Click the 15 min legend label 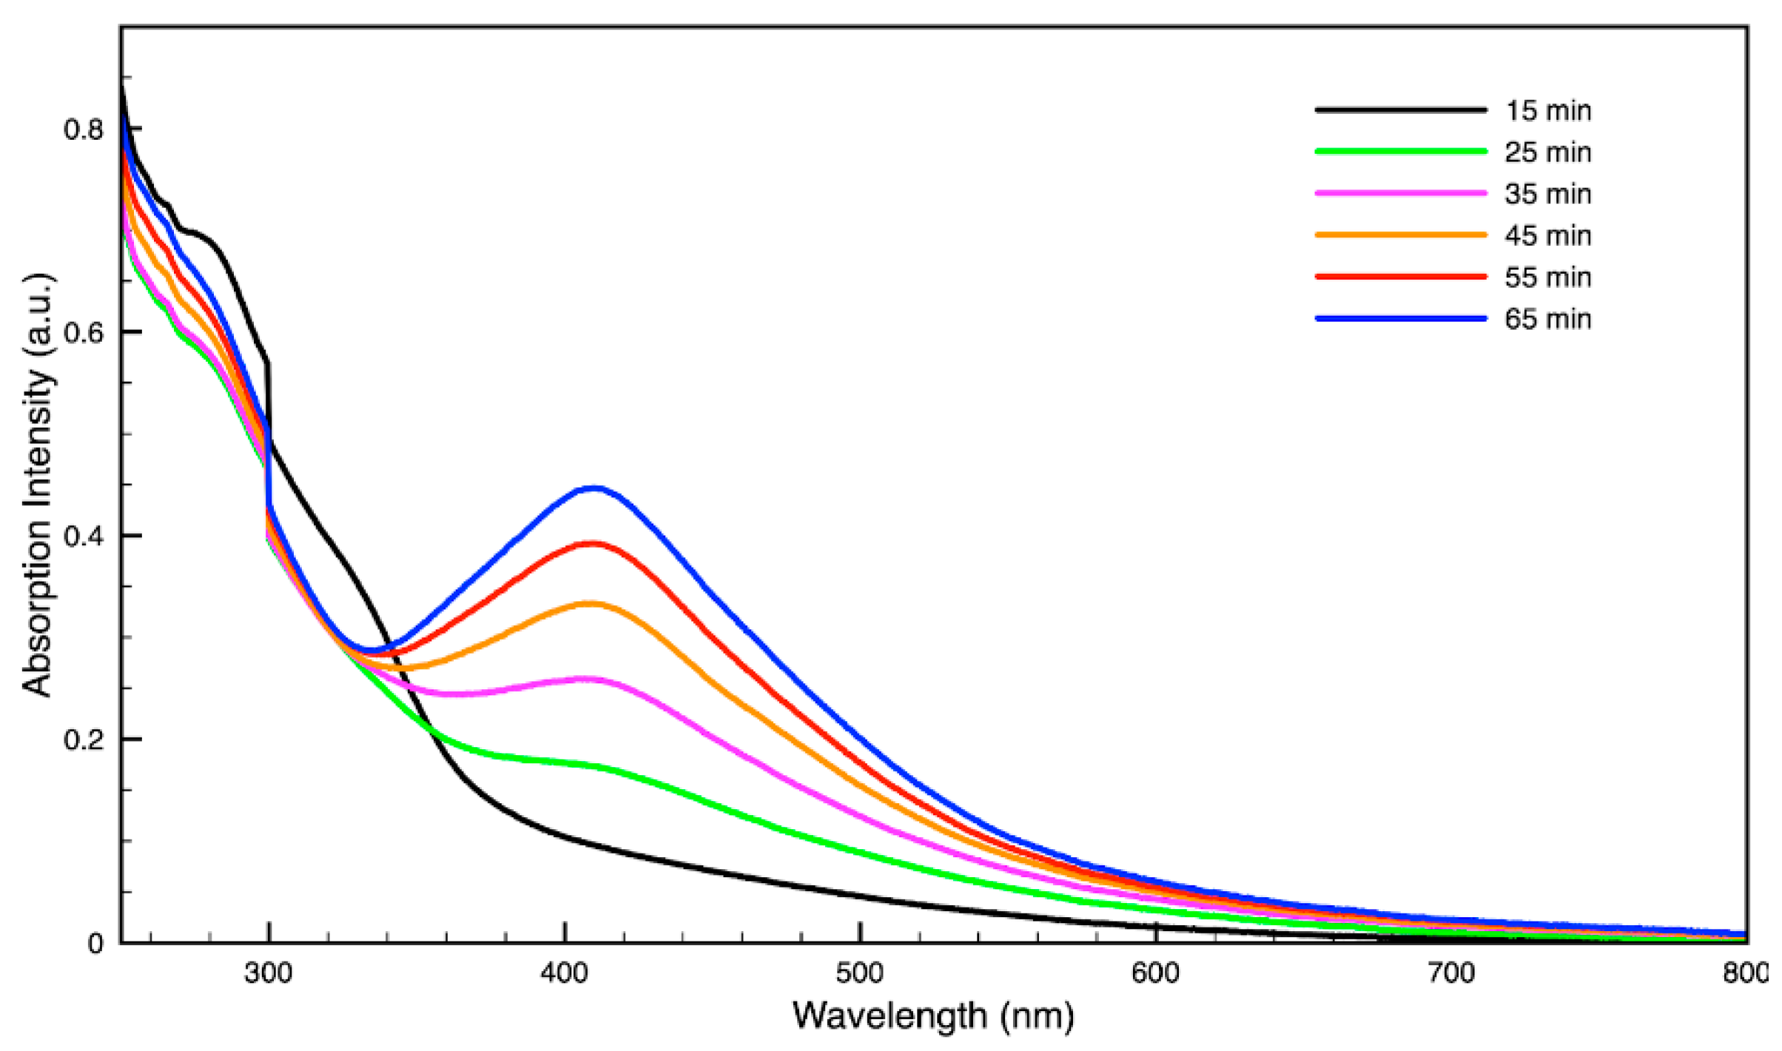pyautogui.click(x=1547, y=111)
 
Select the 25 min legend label pyautogui.click(x=1547, y=152)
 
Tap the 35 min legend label pyautogui.click(x=1547, y=194)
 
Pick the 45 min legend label pyautogui.click(x=1547, y=236)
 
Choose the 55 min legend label pyautogui.click(x=1547, y=277)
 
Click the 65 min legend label pyautogui.click(x=1547, y=319)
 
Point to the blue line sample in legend pyautogui.click(x=1401, y=319)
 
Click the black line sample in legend pyautogui.click(x=1401, y=110)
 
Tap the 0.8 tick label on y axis pyautogui.click(x=82, y=129)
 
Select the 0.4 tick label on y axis pyautogui.click(x=82, y=536)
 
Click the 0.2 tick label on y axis pyautogui.click(x=82, y=740)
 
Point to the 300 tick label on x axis pyautogui.click(x=268, y=973)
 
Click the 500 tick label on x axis pyautogui.click(x=860, y=973)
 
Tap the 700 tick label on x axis pyautogui.click(x=1451, y=973)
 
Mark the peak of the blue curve pyautogui.click(x=594, y=488)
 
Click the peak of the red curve pyautogui.click(x=592, y=544)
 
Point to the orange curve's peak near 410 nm pyautogui.click(x=591, y=604)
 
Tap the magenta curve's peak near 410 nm pyautogui.click(x=588, y=678)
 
